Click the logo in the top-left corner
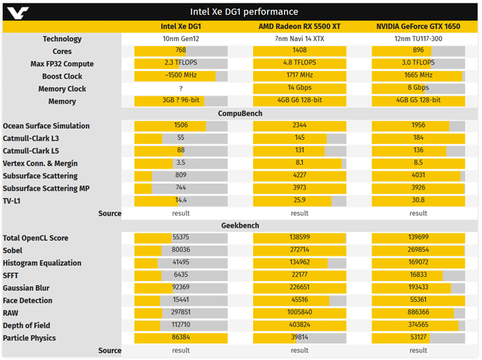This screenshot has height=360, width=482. (x=16, y=11)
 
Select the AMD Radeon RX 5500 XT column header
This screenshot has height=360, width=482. (x=299, y=26)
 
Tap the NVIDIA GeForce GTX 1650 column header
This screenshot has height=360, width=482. (x=418, y=26)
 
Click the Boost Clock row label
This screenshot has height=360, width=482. (x=62, y=76)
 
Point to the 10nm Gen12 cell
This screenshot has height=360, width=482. (x=181, y=39)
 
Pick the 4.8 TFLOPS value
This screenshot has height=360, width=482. (x=299, y=64)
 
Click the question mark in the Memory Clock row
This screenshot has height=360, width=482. (x=181, y=89)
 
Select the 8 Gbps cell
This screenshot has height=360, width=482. (x=418, y=88)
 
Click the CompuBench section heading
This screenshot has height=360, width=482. (x=240, y=114)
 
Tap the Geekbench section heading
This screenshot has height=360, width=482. (x=240, y=226)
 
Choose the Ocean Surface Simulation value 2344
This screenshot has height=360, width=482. (x=299, y=126)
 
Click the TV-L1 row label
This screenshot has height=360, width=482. (x=12, y=201)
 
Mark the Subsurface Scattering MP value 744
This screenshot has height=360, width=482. (x=181, y=189)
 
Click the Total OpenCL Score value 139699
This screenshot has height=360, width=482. (x=418, y=238)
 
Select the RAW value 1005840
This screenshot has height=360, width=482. (x=299, y=313)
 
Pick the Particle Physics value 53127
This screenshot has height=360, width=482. (x=418, y=338)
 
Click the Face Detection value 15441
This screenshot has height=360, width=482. (x=181, y=300)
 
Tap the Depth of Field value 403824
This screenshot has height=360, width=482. (x=299, y=326)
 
